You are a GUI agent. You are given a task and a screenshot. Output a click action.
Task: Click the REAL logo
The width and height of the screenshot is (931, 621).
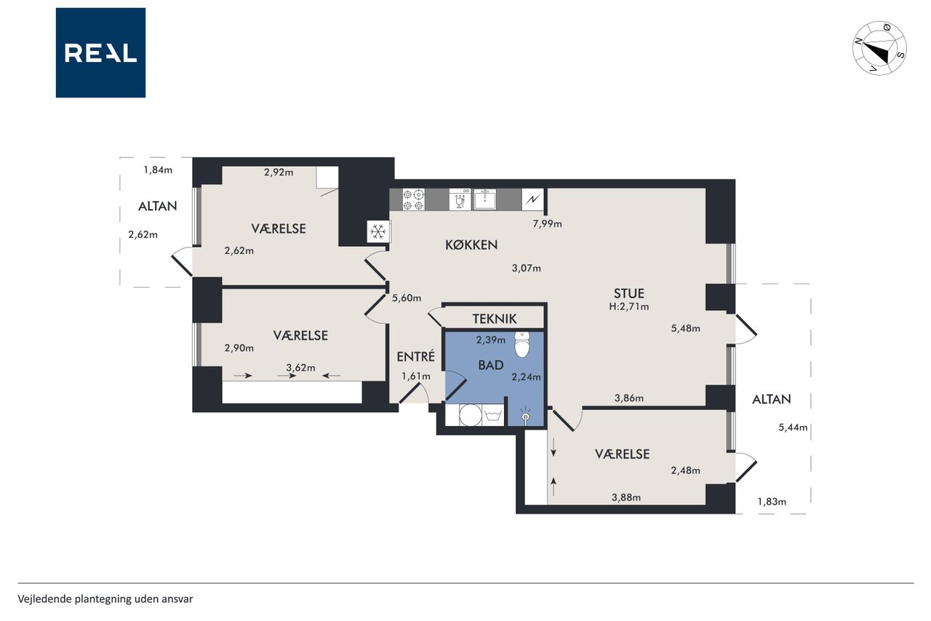click(x=100, y=53)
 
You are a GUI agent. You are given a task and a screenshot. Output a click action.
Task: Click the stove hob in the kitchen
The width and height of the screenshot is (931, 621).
click(x=414, y=199)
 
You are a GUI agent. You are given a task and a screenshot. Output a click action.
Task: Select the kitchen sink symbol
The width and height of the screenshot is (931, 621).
click(x=484, y=199)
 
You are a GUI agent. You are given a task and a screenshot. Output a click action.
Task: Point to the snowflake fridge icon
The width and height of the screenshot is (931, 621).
click(x=377, y=232)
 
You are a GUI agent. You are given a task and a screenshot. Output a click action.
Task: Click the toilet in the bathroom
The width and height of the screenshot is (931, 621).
click(x=522, y=344)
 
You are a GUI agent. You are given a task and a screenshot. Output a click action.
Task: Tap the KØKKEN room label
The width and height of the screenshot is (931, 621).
click(x=471, y=245)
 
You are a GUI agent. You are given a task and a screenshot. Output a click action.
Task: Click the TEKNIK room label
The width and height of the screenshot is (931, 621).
click(x=495, y=319)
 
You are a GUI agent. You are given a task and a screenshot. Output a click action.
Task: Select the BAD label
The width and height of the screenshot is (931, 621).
click(x=491, y=365)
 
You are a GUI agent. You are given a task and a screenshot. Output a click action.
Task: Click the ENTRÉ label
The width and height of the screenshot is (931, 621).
click(x=415, y=356)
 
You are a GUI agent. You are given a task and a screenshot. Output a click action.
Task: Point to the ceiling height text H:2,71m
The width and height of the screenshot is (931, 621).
click(x=629, y=307)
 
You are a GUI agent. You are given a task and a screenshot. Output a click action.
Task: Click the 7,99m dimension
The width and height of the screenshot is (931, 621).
click(x=548, y=224)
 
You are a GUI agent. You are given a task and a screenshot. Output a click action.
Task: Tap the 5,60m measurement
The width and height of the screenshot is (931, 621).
click(x=407, y=298)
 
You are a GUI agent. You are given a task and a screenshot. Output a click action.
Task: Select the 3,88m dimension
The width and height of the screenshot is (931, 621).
click(x=626, y=497)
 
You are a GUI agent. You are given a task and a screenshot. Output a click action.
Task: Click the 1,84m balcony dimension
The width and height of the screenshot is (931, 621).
click(x=158, y=170)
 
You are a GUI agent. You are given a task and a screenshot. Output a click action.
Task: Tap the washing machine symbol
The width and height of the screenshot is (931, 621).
click(x=471, y=415)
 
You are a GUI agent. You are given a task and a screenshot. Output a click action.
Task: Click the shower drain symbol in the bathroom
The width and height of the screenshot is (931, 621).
click(x=526, y=416)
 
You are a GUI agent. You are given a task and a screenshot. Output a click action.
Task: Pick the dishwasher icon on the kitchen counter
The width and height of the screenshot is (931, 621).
click(x=460, y=199)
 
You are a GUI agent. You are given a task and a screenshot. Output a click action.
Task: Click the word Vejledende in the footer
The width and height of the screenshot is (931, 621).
click(x=44, y=599)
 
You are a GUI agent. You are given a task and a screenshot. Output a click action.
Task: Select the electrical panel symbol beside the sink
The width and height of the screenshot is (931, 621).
click(x=532, y=199)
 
